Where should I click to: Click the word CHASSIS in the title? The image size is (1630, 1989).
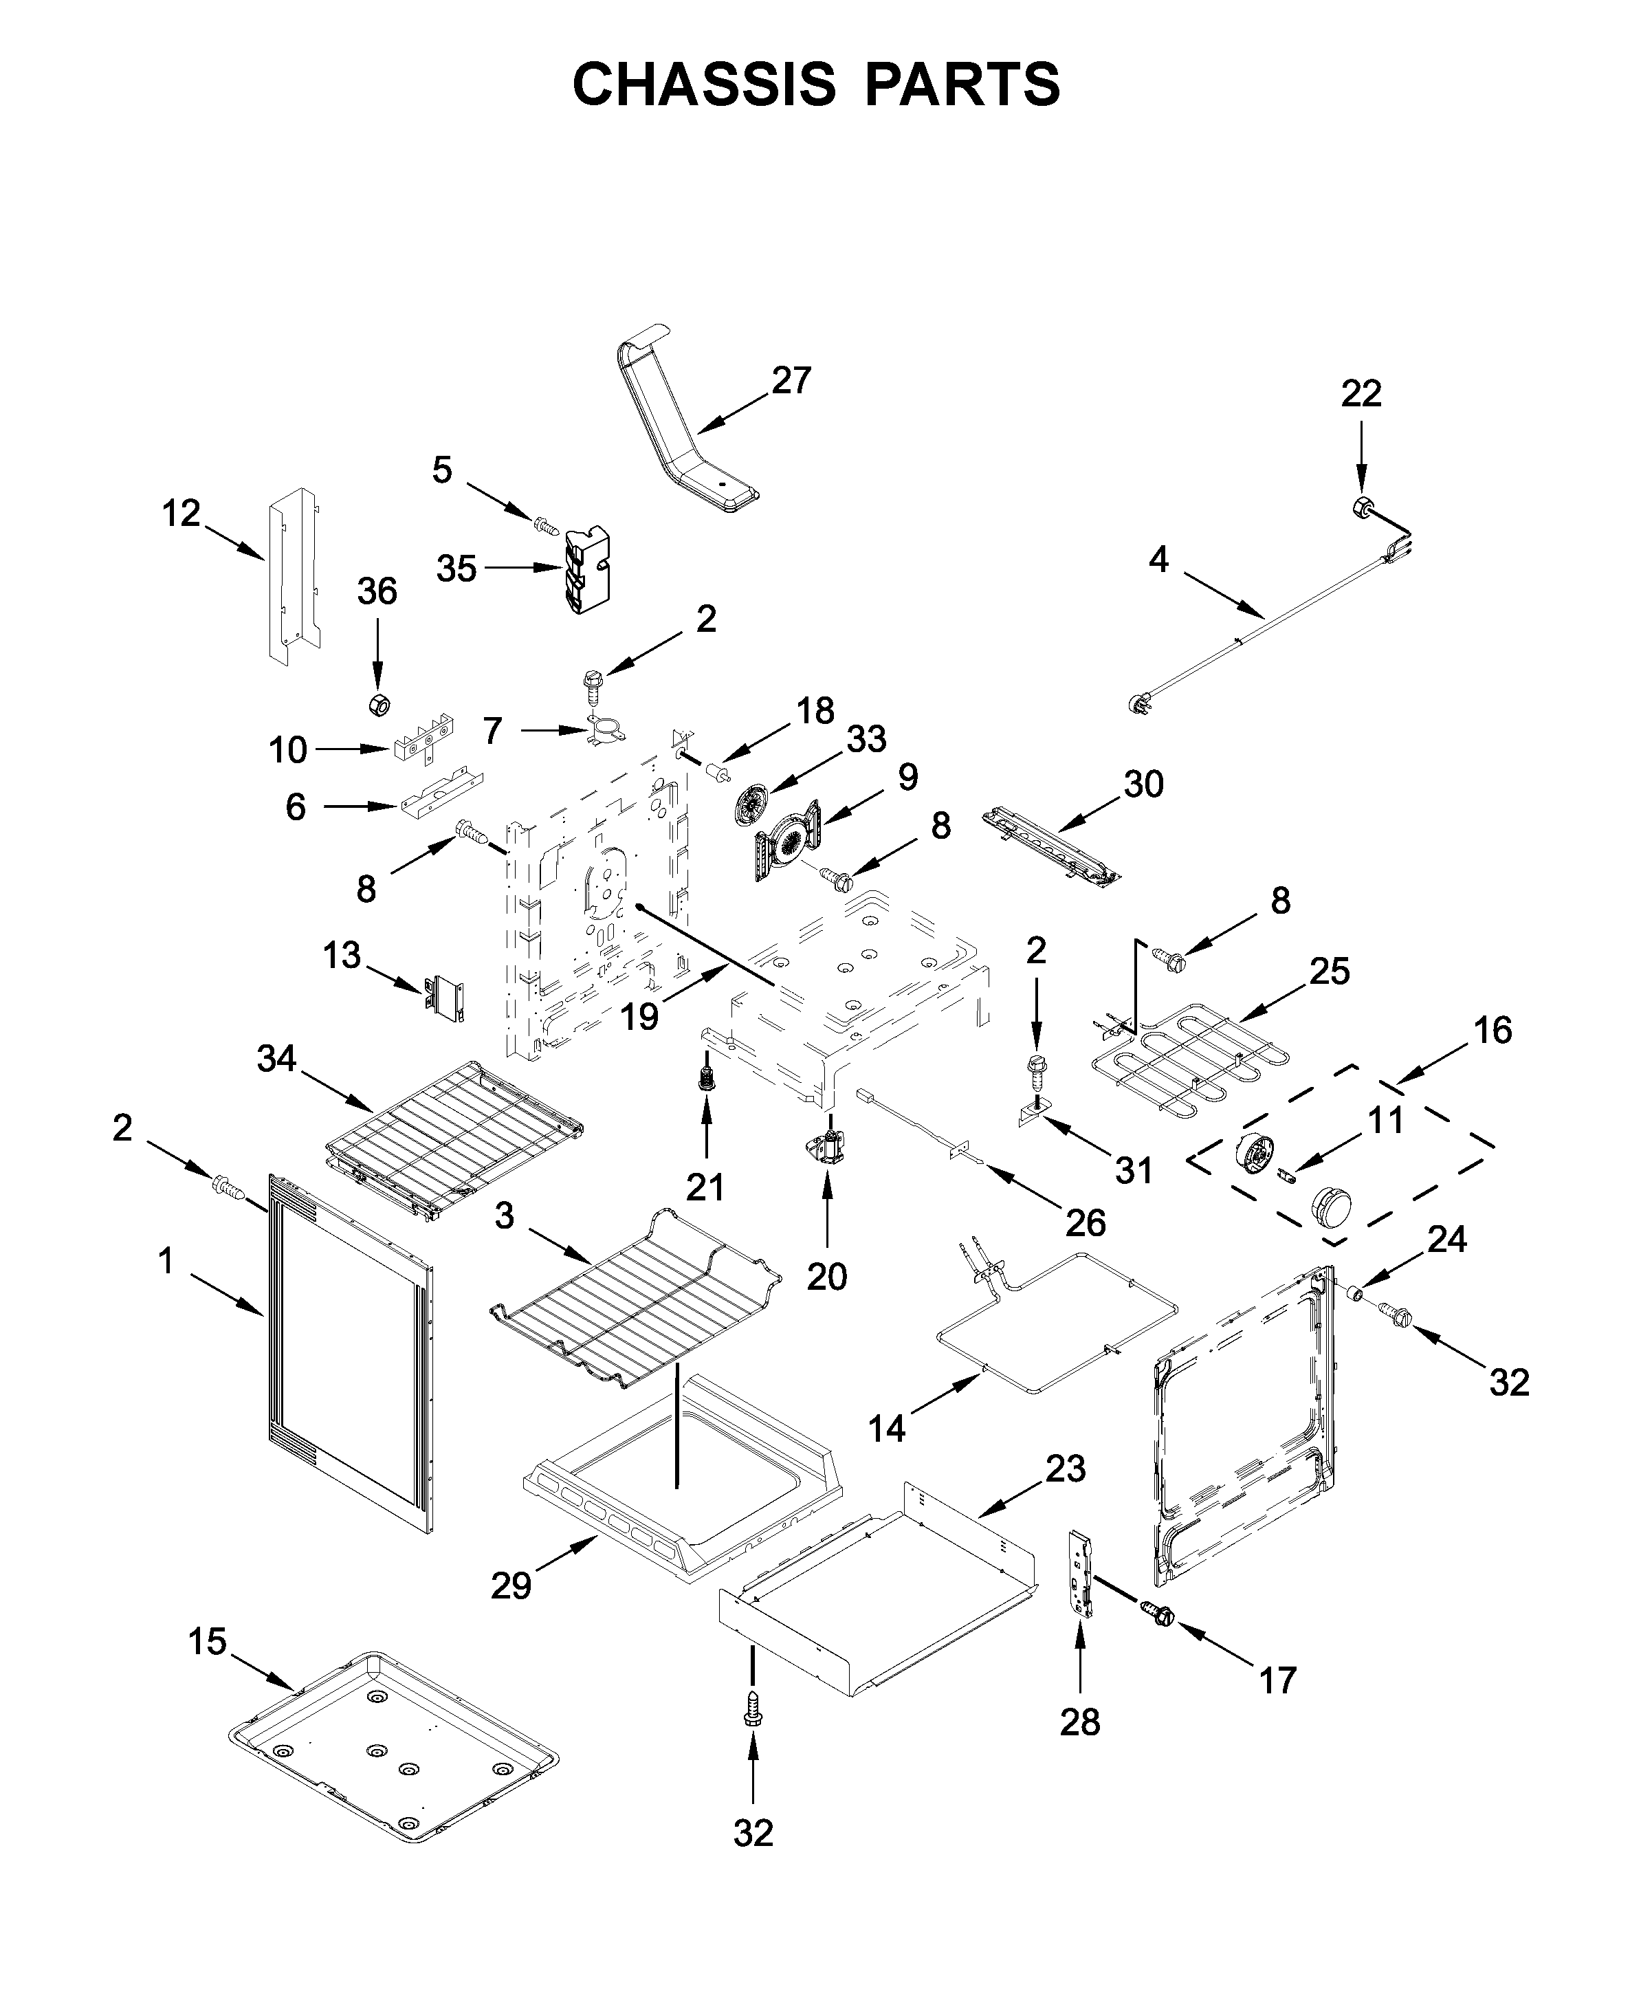[703, 85]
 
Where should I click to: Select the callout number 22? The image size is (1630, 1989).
[1361, 393]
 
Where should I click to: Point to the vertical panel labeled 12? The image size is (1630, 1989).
[292, 575]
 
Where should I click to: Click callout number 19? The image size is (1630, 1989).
[639, 1016]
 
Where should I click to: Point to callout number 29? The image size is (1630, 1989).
[511, 1586]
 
